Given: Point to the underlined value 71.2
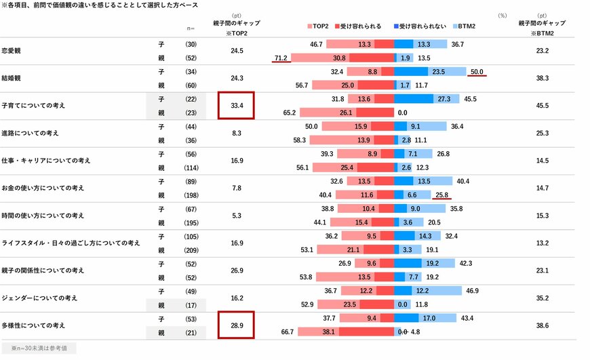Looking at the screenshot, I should click(x=281, y=58).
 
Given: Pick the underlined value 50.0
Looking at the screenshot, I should click(x=477, y=71).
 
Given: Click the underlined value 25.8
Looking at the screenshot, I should click(x=442, y=195).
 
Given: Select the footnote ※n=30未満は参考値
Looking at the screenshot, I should click(x=38, y=348).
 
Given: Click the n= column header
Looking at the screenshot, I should click(x=191, y=28).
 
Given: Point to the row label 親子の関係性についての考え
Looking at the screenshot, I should click(x=43, y=270).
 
